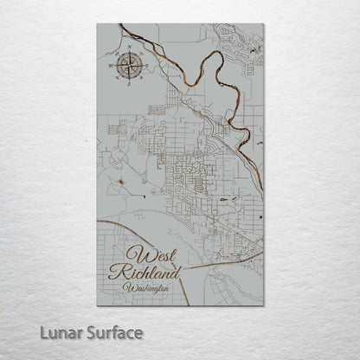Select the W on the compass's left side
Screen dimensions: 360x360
110,64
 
